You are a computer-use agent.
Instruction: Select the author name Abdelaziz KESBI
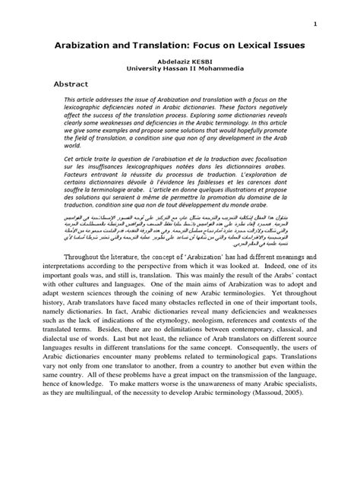180,64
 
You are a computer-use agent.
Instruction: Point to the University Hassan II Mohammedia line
180,73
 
